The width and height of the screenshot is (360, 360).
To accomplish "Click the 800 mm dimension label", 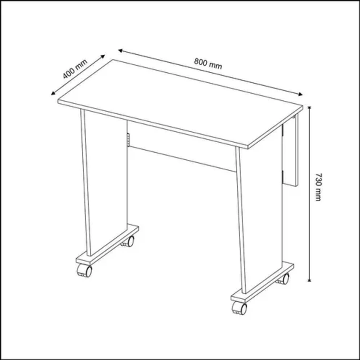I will click(x=208, y=63).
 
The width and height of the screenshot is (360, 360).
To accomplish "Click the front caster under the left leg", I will click(x=84, y=272).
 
